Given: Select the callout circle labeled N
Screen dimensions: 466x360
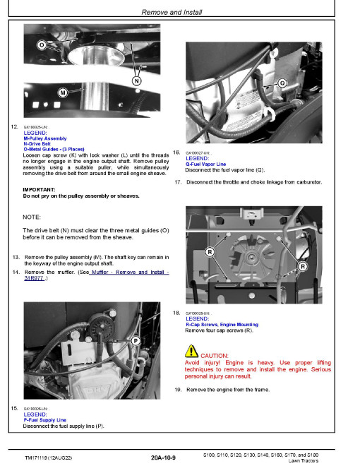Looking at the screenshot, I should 136,81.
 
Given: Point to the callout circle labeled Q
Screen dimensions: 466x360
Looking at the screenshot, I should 282,83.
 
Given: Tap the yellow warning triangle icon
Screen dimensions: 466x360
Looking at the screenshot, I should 191,351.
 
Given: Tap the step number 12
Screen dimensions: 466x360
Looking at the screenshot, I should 15,126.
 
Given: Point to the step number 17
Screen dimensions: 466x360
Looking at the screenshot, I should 178,182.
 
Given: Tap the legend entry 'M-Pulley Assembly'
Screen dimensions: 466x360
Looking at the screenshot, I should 45,138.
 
